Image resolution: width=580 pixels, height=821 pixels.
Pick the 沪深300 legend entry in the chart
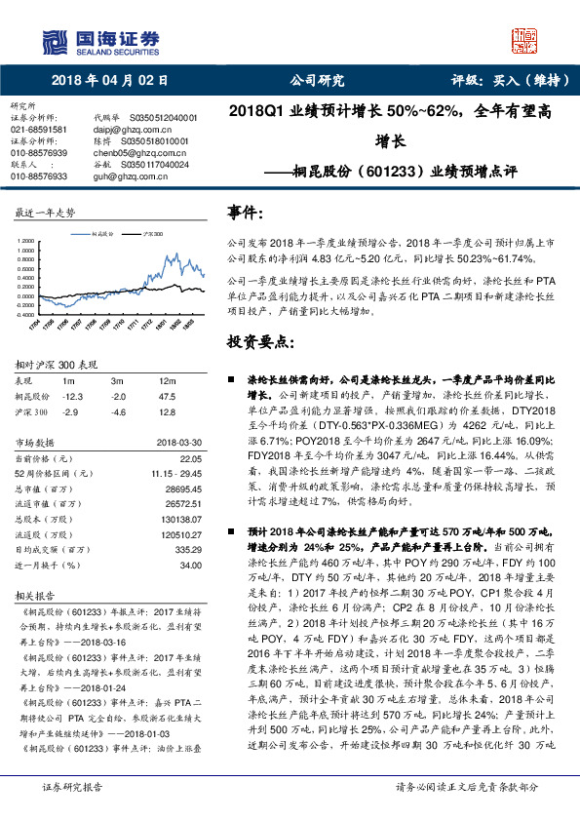pos(150,234)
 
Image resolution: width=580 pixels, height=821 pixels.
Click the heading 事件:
pos(247,213)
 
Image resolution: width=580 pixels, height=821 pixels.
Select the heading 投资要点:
pos(258,342)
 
